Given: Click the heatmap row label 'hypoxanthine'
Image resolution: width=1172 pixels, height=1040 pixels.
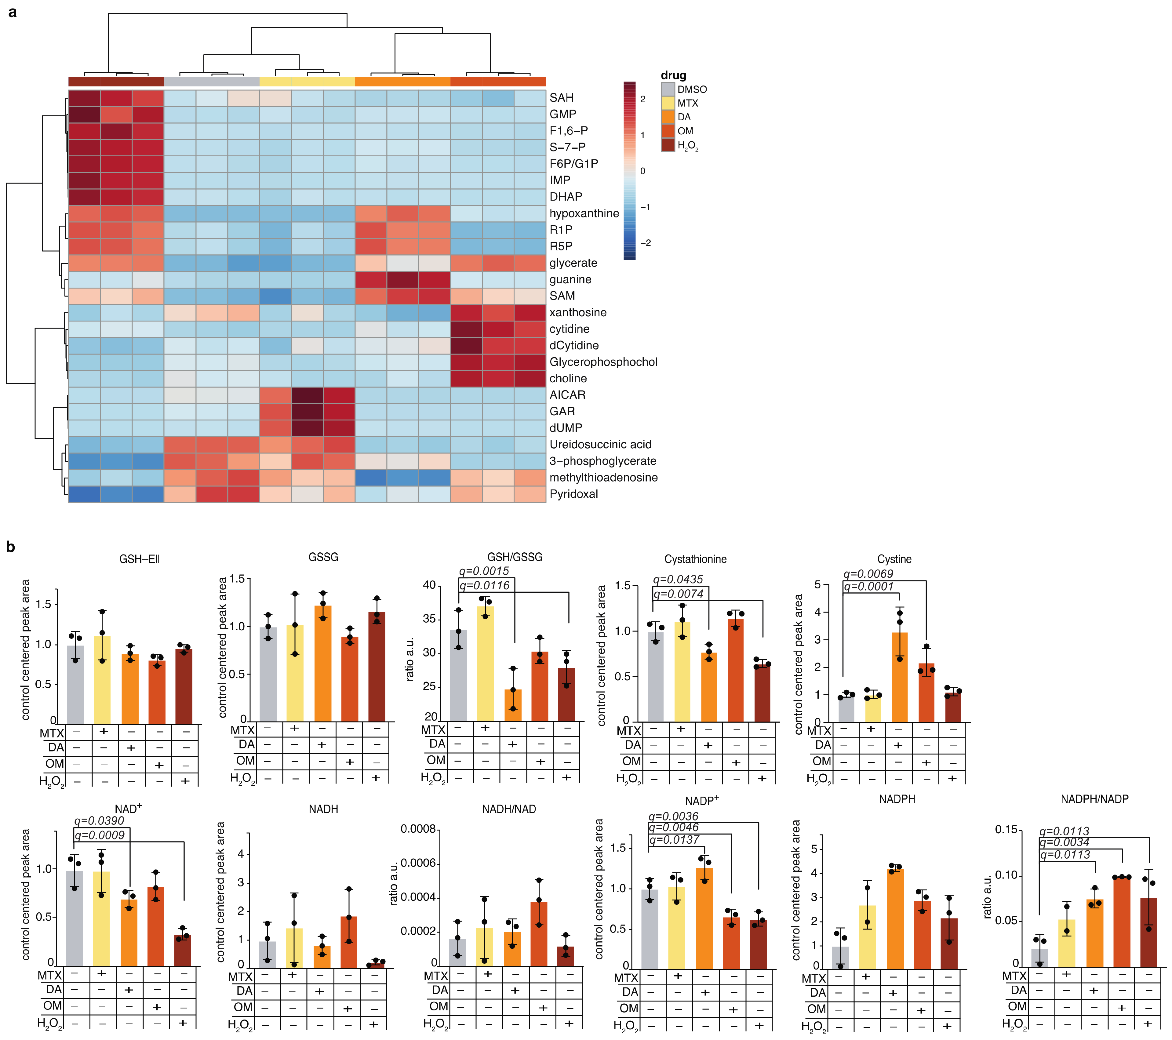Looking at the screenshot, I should pyautogui.click(x=584, y=213).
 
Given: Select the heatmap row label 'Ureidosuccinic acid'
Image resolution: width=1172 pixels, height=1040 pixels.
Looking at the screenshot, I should pyautogui.click(x=600, y=444).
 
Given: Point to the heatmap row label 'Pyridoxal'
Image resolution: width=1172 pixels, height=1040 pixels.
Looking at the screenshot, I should pyautogui.click(x=573, y=494).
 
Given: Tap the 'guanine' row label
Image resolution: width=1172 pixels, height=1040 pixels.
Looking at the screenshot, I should pyautogui.click(x=570, y=279).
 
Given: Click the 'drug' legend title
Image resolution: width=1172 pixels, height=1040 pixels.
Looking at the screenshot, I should pyautogui.click(x=673, y=75).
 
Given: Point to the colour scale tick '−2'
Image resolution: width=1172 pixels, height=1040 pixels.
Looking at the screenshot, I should pyautogui.click(x=646, y=243).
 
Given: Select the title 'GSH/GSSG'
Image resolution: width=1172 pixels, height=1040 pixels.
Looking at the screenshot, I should pyautogui.click(x=514, y=557).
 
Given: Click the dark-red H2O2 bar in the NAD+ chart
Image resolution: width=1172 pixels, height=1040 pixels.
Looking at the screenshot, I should pyautogui.click(x=182, y=950).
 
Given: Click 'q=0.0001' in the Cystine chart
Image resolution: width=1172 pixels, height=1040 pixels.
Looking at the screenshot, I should pyautogui.click(x=868, y=587).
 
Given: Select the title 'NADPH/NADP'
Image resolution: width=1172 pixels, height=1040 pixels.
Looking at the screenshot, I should pyautogui.click(x=1094, y=799).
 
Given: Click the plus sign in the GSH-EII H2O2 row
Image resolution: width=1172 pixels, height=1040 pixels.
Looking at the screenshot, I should pyautogui.click(x=185, y=781).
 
